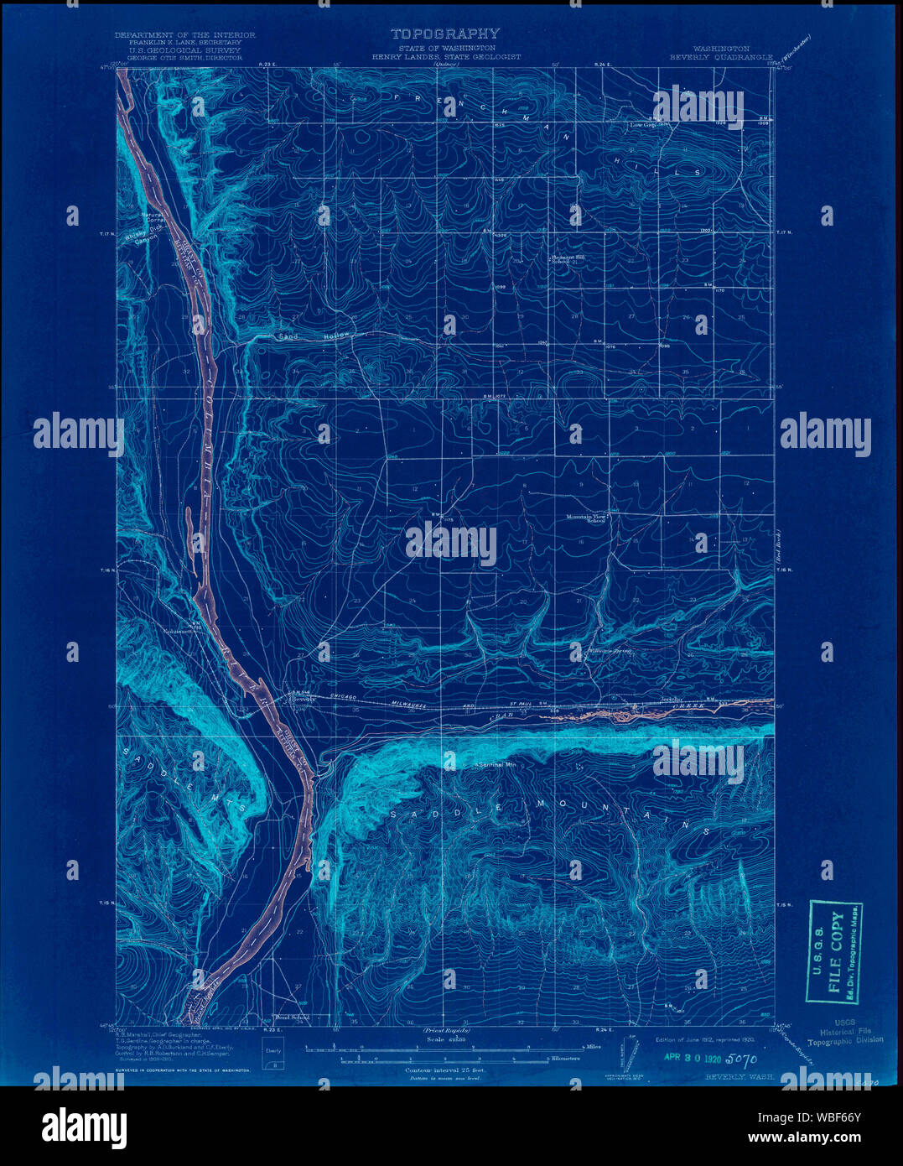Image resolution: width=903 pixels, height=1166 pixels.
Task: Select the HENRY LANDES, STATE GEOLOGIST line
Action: [x=447, y=57]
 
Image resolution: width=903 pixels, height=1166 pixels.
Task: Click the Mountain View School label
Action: [x=586, y=518]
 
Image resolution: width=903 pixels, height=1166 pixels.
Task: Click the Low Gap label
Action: [x=642, y=125]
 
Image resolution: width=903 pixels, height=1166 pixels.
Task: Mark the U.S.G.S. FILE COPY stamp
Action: [x=834, y=951]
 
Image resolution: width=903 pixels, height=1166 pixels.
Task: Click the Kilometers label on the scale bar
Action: [x=565, y=1059]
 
